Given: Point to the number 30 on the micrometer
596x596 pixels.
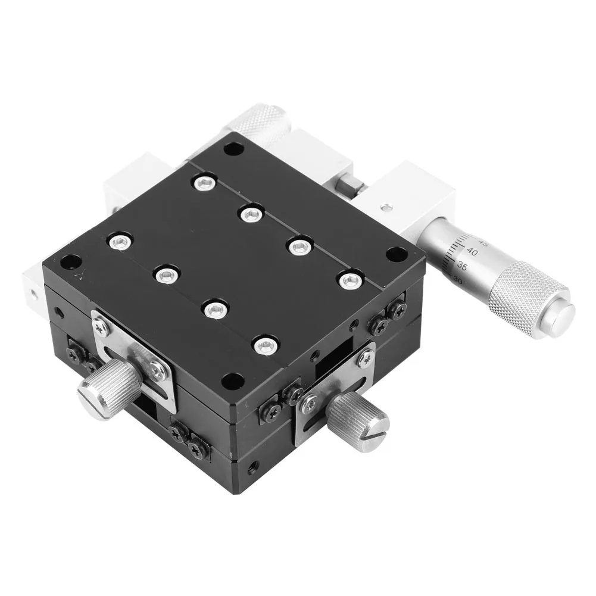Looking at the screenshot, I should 458,278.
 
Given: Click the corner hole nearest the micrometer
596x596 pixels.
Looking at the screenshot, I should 394,254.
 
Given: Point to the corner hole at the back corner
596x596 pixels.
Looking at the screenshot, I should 231,149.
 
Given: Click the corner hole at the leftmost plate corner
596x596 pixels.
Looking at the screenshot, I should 71,261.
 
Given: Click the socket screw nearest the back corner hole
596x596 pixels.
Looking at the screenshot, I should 204,182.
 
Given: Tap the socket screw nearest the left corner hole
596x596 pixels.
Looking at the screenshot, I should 118,241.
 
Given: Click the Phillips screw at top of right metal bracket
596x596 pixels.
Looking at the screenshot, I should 366,357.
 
